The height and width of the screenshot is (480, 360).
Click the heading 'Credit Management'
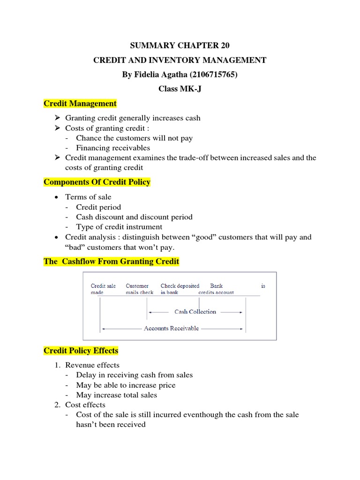point(80,103)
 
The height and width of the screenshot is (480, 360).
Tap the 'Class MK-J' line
point(180,89)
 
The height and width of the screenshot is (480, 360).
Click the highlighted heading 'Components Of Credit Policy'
point(97,182)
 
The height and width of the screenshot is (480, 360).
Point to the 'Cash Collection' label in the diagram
point(195,312)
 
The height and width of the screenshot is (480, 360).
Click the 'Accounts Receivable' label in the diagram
point(171,329)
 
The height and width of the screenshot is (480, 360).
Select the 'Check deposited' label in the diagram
point(180,286)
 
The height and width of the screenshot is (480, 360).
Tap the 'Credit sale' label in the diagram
point(103,286)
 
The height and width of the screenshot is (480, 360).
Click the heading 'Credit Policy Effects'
point(81,351)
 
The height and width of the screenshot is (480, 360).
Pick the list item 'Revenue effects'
point(92,365)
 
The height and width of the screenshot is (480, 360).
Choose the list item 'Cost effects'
point(85,405)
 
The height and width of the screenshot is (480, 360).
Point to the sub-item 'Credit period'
point(98,207)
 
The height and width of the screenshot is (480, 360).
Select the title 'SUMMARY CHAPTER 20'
point(180,45)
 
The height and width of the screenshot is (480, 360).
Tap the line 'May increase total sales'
point(117,395)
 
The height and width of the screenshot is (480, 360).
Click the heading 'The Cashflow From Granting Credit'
point(111,262)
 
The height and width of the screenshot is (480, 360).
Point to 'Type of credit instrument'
point(119,227)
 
